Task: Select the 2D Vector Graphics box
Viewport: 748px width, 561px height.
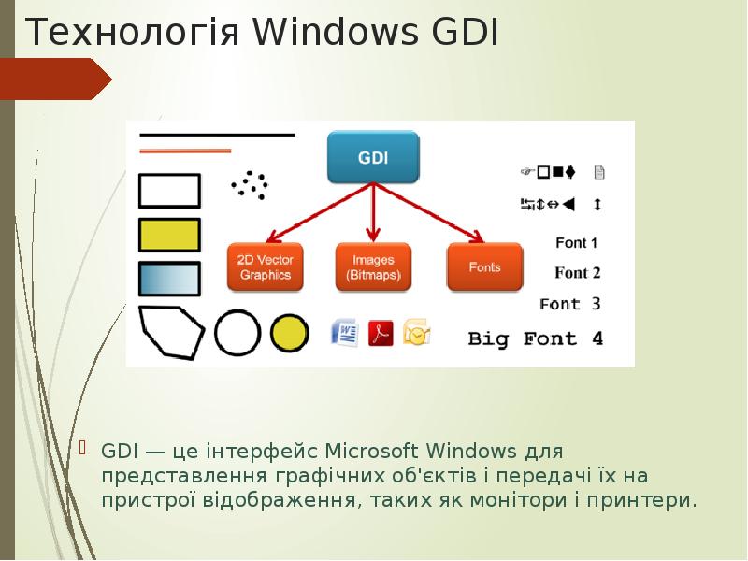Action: point(265,267)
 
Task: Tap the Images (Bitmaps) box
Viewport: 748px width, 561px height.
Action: point(373,267)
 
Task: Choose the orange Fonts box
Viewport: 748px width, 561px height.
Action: point(484,267)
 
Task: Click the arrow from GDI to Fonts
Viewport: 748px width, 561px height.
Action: point(430,213)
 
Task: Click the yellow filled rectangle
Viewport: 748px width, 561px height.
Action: point(169,235)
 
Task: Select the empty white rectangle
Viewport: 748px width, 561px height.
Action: point(169,191)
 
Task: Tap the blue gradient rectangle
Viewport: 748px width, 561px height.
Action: point(169,279)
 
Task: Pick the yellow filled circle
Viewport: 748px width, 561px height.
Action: point(289,332)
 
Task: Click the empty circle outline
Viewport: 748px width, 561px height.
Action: point(237,332)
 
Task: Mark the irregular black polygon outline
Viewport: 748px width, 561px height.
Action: point(170,332)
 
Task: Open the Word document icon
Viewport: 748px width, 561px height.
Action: point(345,332)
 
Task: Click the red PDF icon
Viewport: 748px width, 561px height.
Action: point(381,332)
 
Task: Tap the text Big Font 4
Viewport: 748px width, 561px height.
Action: point(535,338)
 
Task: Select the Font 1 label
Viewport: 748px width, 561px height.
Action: point(577,243)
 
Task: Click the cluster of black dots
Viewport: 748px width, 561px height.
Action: point(250,184)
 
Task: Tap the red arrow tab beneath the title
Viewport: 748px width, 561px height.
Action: point(56,79)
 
